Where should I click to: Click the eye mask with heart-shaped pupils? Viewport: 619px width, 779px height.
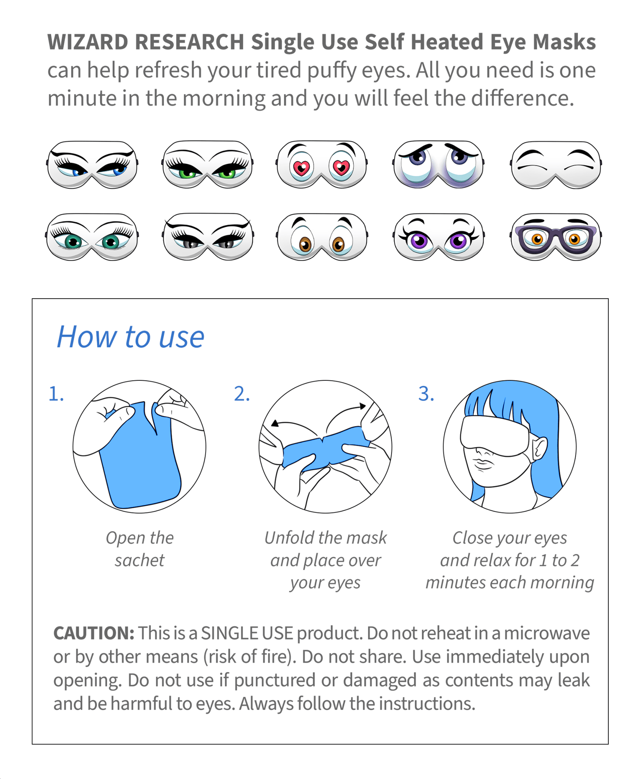pos(321,165)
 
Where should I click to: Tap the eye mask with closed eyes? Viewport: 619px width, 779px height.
pos(556,165)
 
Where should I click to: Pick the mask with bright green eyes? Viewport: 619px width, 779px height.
pos(207,165)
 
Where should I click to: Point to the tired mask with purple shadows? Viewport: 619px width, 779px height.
pos(438,165)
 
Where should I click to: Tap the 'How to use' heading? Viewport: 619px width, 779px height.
pos(131,337)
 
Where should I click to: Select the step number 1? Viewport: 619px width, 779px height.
pos(56,394)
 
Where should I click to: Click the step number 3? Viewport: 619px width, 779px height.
pos(426,394)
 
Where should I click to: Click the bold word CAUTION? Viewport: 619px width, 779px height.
pos(93,633)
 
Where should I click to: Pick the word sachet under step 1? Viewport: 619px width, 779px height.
pos(139,560)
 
